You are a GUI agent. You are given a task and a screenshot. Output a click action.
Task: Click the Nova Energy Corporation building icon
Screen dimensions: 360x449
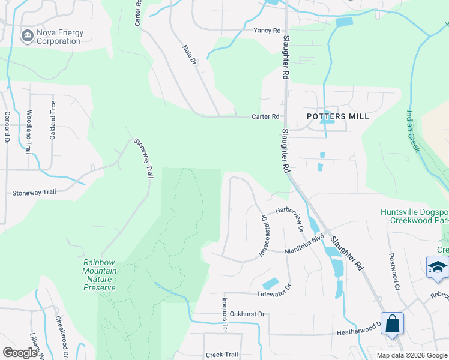26,36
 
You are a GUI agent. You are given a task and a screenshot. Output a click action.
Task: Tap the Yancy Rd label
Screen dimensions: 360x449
267,31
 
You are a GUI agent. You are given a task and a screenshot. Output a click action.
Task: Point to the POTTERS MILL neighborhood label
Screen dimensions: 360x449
338,116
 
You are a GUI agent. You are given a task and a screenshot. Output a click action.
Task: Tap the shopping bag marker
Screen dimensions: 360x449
392,324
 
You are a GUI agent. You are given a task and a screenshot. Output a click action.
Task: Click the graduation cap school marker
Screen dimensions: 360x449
437,268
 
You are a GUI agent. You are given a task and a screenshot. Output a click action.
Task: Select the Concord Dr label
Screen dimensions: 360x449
8,128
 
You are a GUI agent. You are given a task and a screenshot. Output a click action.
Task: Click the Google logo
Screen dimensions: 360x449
20,352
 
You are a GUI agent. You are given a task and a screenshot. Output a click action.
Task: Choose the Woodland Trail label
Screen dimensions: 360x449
28,132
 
